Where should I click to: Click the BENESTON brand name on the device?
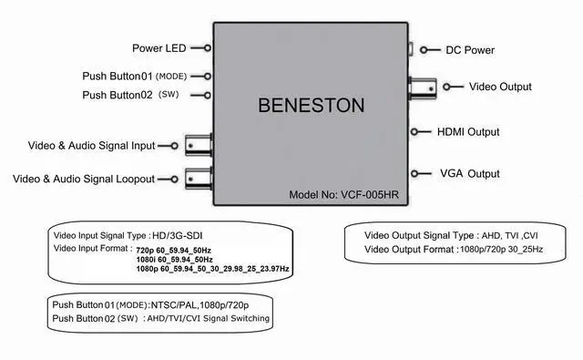coord(311,106)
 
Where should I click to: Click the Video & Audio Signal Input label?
coord(92,145)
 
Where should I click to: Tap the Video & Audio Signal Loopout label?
coord(84,179)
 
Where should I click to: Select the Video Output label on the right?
coord(500,87)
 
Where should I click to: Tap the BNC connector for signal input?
coord(199,144)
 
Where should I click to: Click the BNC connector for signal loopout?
coord(199,178)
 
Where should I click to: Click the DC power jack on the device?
coord(411,50)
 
